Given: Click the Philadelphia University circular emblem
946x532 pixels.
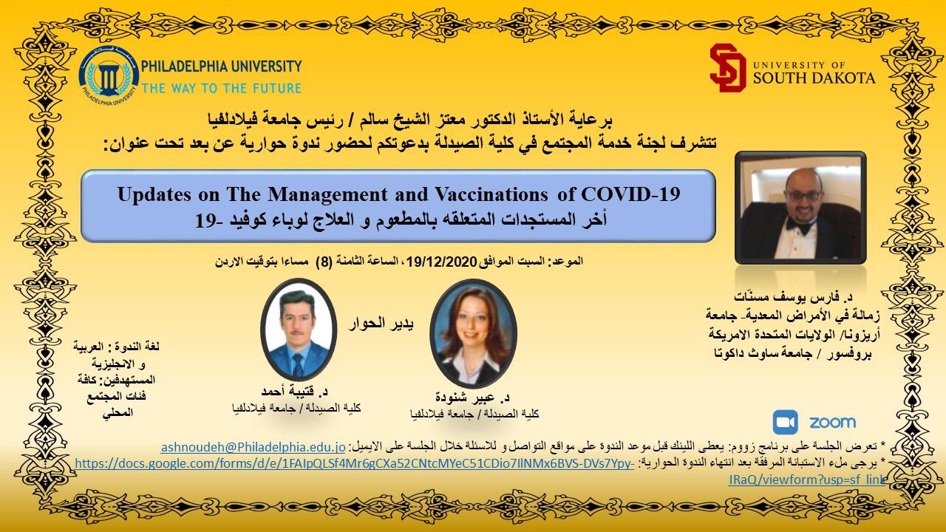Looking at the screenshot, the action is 109,77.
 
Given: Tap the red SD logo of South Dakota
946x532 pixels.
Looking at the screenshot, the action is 728,68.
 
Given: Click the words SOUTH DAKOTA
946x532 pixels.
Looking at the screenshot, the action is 814,78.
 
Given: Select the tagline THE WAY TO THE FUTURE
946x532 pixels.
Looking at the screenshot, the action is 221,88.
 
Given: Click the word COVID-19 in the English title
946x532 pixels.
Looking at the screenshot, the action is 630,194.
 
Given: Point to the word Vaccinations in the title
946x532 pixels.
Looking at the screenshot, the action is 491,194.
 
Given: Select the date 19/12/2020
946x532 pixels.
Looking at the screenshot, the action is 442,262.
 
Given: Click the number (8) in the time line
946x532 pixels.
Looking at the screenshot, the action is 324,262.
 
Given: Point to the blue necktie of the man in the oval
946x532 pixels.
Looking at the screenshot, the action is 298,364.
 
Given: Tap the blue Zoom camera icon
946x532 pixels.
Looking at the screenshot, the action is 786,422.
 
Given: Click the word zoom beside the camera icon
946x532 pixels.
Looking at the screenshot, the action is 832,422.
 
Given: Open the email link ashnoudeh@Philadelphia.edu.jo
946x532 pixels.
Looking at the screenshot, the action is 253,447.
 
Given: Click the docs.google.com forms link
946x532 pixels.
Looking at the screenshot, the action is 354,463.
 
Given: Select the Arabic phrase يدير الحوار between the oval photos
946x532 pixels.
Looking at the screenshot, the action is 381,324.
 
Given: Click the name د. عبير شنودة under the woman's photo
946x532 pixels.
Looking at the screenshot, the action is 472,398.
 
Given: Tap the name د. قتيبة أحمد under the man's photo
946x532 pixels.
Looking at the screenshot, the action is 294,391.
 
